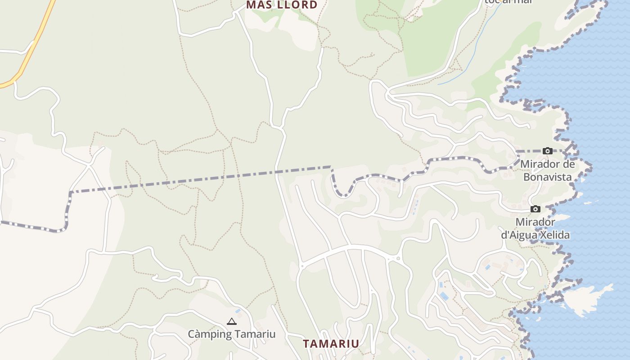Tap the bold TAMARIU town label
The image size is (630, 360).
331,344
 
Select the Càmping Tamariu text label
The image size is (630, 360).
231,334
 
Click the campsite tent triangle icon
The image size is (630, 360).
232,321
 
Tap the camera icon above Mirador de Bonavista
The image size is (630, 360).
547,151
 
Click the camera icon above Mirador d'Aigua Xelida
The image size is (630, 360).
535,209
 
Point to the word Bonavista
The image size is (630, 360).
547,177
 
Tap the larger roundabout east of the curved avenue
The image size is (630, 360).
398,258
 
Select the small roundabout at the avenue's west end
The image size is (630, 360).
302,266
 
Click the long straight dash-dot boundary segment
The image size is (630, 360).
202,179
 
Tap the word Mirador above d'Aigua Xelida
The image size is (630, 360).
535,222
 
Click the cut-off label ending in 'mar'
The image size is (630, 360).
508,2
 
